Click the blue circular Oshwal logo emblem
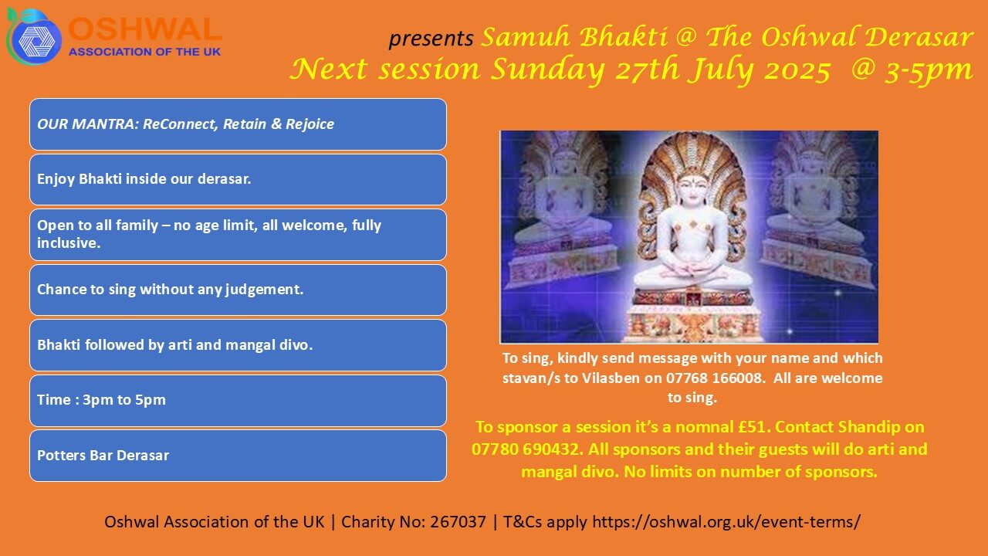pyautogui.click(x=34, y=37)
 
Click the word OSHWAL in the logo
pyautogui.click(x=144, y=29)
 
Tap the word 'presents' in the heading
pyautogui.click(x=431, y=39)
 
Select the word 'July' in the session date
pyautogui.click(x=722, y=69)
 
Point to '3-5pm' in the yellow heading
pyautogui.click(x=928, y=70)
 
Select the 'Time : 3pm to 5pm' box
pyautogui.click(x=239, y=401)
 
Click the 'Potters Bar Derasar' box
pyautogui.click(x=239, y=456)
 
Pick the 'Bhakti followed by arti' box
pyautogui.click(x=239, y=345)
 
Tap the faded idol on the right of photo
pyautogui.click(x=816, y=212)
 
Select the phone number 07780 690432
pyautogui.click(x=525, y=449)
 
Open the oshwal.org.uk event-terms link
pyautogui.click(x=726, y=522)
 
